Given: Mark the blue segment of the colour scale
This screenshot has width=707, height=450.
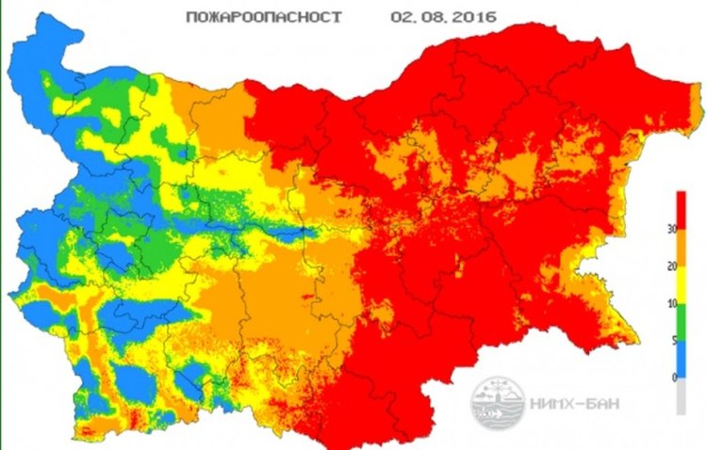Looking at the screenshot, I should pos(681,359).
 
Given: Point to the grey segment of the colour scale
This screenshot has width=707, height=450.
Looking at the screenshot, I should pos(681,395).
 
